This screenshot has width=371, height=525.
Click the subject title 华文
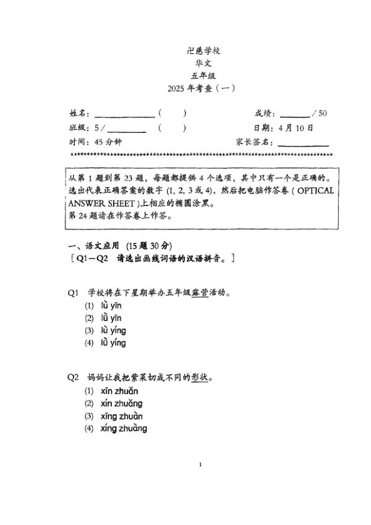[200, 62]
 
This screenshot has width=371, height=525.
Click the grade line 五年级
[200, 75]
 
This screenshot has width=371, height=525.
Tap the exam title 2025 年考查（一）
[201, 88]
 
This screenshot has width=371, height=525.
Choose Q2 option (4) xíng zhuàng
[124, 429]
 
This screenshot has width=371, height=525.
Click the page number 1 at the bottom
[201, 465]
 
